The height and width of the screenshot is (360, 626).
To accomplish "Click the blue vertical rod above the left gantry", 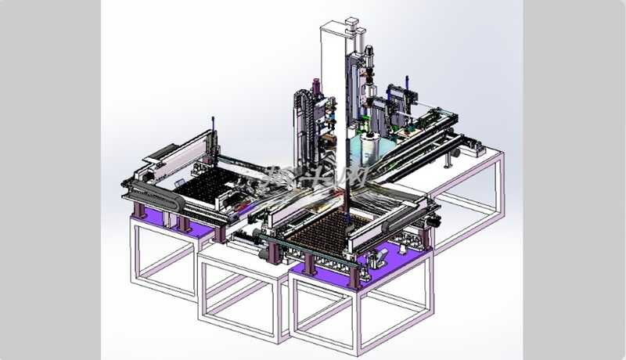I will tap(213, 125).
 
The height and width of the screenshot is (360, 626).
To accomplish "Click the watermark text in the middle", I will tap(313, 176).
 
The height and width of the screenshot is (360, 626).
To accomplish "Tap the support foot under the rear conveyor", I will tap(450, 160).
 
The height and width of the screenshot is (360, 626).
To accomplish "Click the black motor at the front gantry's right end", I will tap(427, 221).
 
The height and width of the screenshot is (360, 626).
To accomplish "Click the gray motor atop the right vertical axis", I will tap(369, 52).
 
